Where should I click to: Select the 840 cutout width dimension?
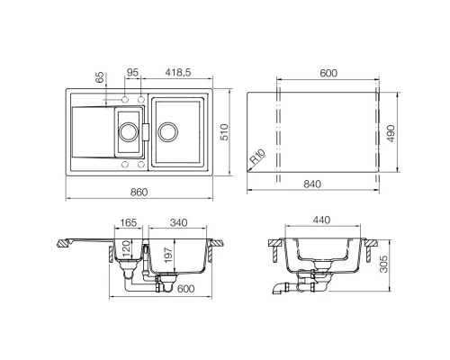click(312, 184)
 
